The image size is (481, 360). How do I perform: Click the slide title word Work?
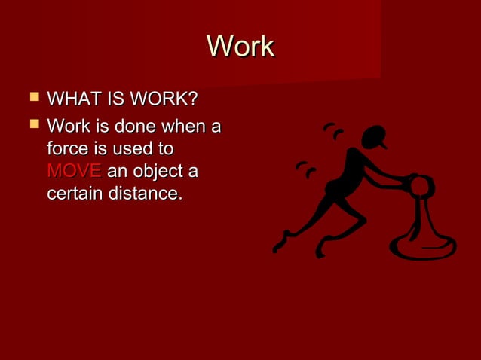coord(240,47)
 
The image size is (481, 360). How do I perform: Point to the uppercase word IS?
coord(113,99)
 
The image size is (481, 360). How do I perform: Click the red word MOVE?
coord(74,172)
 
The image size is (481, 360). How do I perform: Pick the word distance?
coord(146,194)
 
